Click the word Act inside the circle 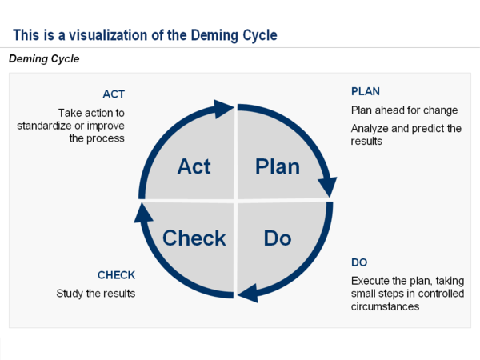(194, 166)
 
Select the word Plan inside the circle (277, 166)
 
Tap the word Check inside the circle (194, 238)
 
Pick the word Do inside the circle (278, 238)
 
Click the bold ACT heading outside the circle (114, 93)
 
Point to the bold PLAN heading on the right (366, 90)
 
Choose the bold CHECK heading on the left (116, 275)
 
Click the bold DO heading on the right (359, 262)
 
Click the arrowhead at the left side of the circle (143, 211)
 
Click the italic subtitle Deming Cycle (44, 58)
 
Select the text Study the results (95, 294)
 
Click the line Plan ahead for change (404, 110)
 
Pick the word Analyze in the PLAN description (370, 128)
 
